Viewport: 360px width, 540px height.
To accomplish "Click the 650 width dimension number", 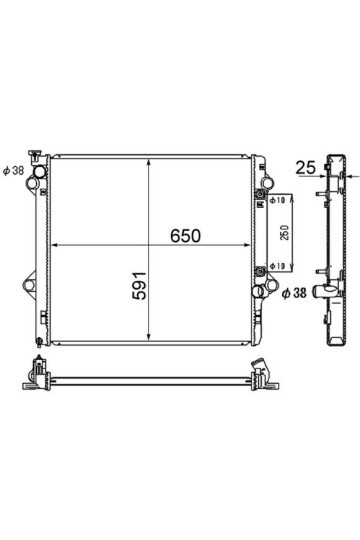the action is [x=185, y=236].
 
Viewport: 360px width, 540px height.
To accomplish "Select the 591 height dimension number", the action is [x=140, y=285].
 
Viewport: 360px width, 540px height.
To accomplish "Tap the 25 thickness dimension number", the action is [x=306, y=168].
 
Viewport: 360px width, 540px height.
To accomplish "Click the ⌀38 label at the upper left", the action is [x=13, y=170].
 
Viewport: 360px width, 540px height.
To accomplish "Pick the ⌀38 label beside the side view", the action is [x=294, y=293].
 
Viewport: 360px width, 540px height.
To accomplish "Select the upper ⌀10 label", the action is [x=277, y=200].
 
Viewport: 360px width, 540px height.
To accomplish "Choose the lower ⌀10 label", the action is [x=277, y=266].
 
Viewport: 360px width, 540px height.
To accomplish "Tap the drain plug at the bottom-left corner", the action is [x=39, y=342].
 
